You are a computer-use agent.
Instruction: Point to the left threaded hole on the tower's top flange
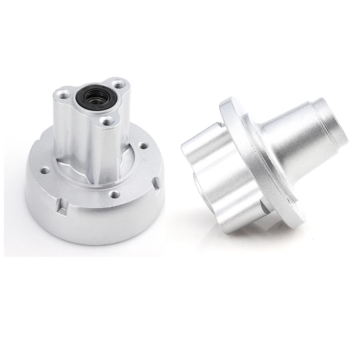click(64, 95)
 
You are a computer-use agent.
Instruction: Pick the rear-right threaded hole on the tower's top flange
click(118, 84)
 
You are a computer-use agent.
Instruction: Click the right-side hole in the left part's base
click(143, 146)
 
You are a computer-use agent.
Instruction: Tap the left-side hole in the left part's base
click(45, 171)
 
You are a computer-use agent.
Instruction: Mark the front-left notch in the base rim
click(61, 208)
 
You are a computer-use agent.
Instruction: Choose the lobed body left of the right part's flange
click(216, 175)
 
